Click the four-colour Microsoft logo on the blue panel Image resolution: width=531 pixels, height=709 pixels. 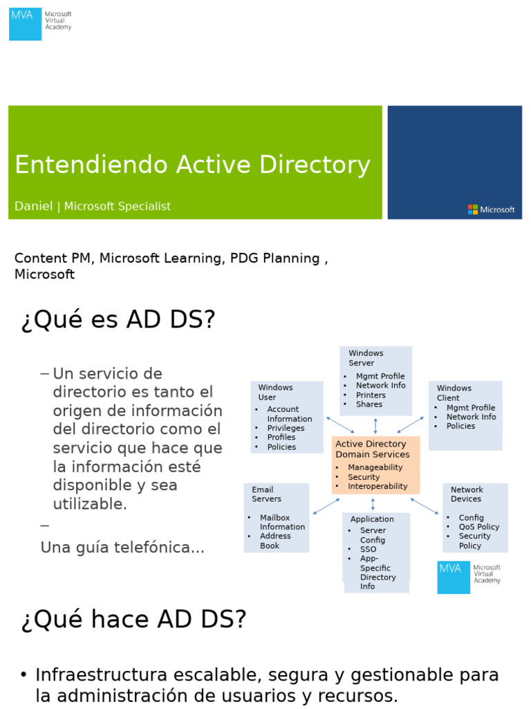pyautogui.click(x=473, y=209)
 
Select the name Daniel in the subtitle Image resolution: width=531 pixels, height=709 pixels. pyautogui.click(x=33, y=206)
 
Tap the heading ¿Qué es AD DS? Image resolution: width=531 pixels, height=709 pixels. pyautogui.click(x=118, y=321)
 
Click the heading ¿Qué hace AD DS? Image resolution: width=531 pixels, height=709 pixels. pyautogui.click(x=133, y=620)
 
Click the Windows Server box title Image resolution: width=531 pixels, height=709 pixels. pyautogui.click(x=366, y=358)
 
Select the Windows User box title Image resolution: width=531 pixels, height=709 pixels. pyautogui.click(x=275, y=393)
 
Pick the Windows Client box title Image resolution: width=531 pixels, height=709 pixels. pyautogui.click(x=454, y=393)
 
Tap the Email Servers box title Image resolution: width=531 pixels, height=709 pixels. pyautogui.click(x=266, y=494)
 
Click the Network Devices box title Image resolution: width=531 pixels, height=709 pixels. pyautogui.click(x=467, y=494)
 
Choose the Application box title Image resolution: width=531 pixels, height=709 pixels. pyautogui.click(x=372, y=519)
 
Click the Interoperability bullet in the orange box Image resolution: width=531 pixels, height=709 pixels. pyautogui.click(x=378, y=486)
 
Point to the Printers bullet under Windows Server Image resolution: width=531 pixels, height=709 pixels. pyautogui.click(x=371, y=395)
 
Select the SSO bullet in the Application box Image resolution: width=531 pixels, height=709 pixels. pyautogui.click(x=368, y=549)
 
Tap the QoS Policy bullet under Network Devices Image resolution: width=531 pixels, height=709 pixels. pyautogui.click(x=478, y=527)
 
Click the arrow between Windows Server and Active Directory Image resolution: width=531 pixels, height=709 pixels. pyautogui.click(x=375, y=426)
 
